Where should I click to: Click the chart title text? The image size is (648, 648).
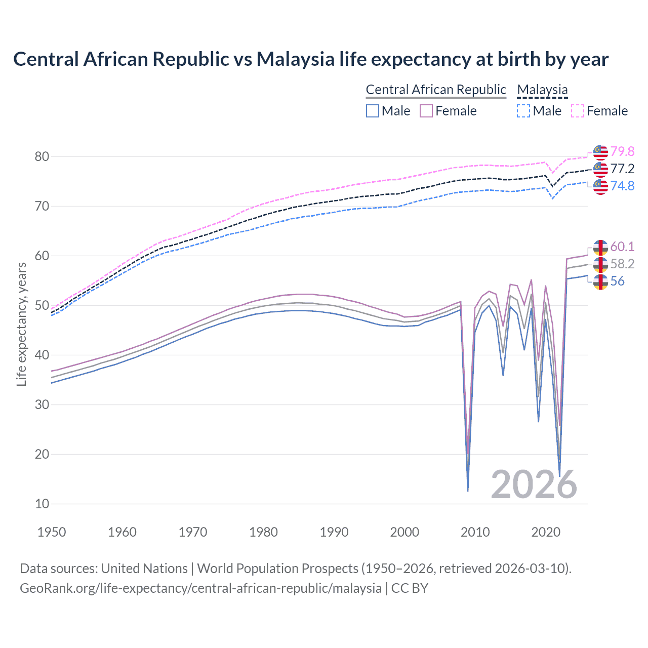pos(310,59)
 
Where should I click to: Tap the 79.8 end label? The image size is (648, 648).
pos(622,151)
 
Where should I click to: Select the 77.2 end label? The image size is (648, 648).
pos(622,169)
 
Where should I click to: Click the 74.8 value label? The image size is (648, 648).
pos(622,186)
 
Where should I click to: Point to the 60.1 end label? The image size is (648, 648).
pos(622,247)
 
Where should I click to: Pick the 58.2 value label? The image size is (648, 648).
pos(622,264)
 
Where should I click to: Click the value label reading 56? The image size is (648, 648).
pos(617,281)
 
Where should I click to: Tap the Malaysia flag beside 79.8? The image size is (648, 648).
pos(600,152)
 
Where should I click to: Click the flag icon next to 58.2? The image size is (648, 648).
pos(600,264)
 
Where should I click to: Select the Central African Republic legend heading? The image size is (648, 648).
pos(436,90)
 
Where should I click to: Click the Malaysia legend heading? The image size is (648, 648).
pos(542,90)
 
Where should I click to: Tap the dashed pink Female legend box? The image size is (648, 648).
pos(578,111)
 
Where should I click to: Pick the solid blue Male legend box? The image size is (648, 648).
pos(373,111)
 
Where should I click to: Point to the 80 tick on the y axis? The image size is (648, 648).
pos(42,156)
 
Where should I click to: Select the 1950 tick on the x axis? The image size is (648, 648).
pos(52,532)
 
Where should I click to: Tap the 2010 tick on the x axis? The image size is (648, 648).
pos(475,532)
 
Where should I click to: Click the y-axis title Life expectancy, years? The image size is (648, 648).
pos(21,324)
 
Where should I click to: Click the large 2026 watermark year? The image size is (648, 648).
pos(534,484)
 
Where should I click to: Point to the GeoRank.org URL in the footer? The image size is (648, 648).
pos(200,588)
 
